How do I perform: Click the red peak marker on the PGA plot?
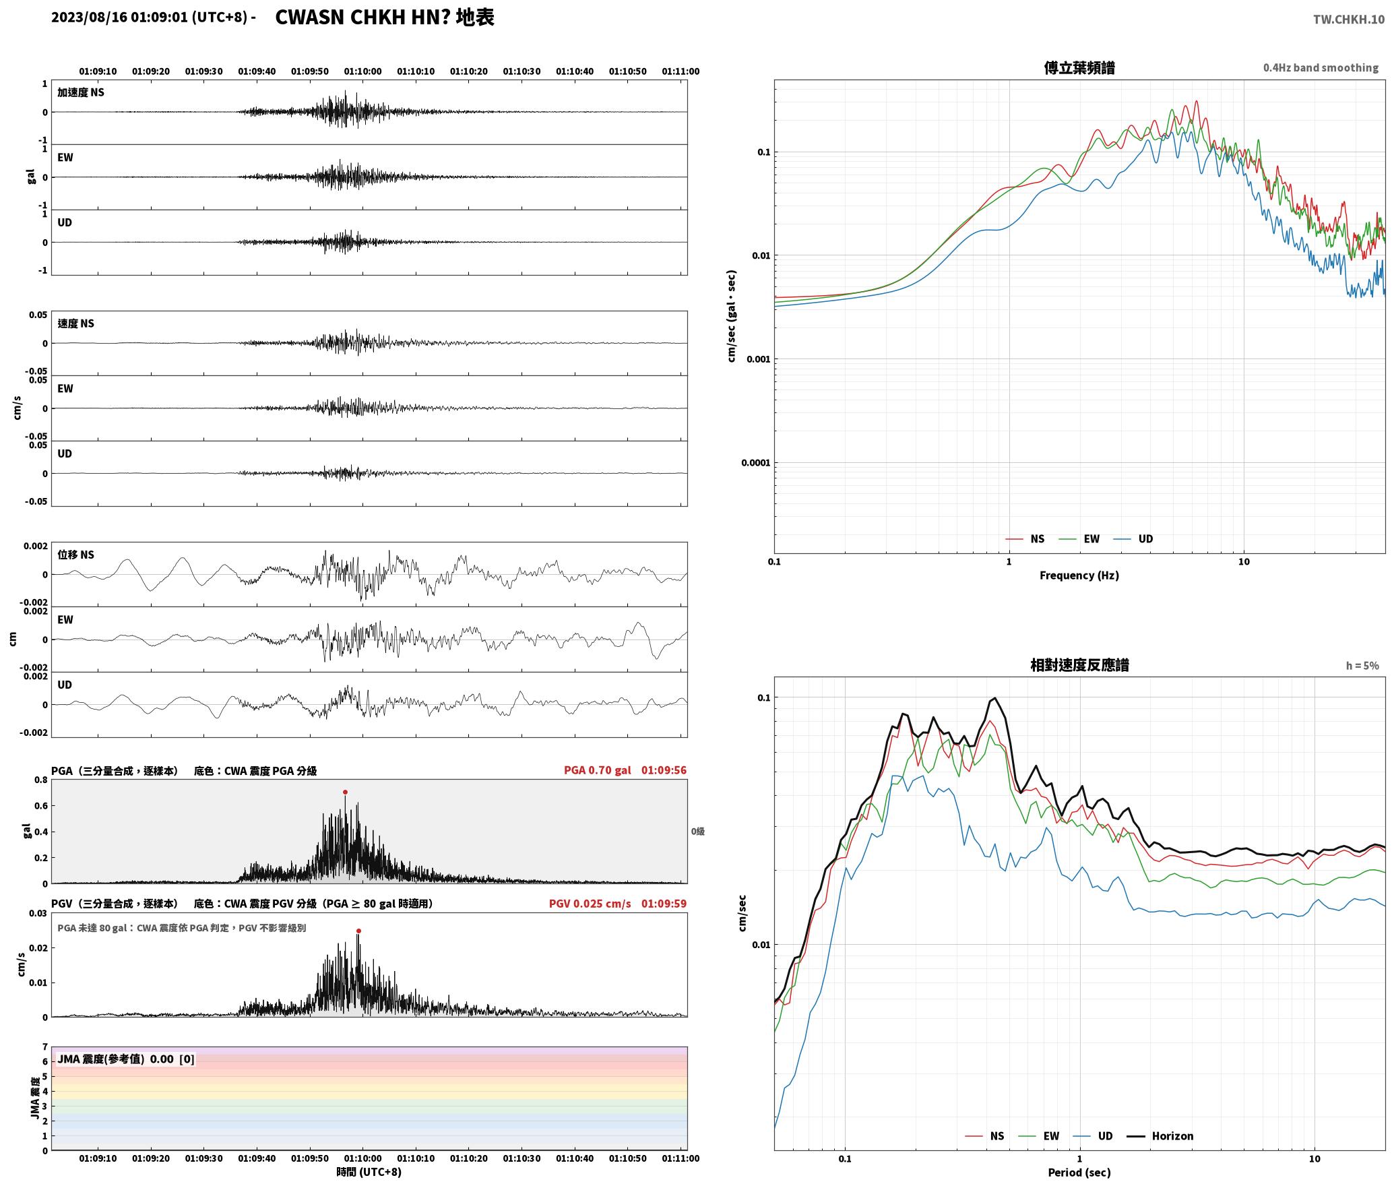point(345,792)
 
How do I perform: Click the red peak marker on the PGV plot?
point(358,931)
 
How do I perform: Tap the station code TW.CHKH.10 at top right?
point(1349,20)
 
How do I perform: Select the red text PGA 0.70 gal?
point(598,770)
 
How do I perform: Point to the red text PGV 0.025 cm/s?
point(590,904)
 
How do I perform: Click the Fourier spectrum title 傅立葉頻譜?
point(1079,68)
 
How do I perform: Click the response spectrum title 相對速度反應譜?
point(1079,665)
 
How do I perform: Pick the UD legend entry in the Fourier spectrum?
point(1133,539)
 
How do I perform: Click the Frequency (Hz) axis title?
point(1079,575)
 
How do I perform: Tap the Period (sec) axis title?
point(1079,1173)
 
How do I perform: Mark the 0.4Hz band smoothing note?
point(1321,68)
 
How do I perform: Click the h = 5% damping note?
point(1362,666)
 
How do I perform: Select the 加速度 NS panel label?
point(81,92)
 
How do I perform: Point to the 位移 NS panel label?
point(75,555)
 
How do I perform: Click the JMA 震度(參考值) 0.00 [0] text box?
point(126,1059)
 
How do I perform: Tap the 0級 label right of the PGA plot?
point(697,832)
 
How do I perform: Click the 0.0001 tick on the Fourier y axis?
point(755,463)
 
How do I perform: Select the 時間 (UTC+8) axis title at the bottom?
point(369,1172)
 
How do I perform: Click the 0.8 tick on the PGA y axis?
point(40,780)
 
